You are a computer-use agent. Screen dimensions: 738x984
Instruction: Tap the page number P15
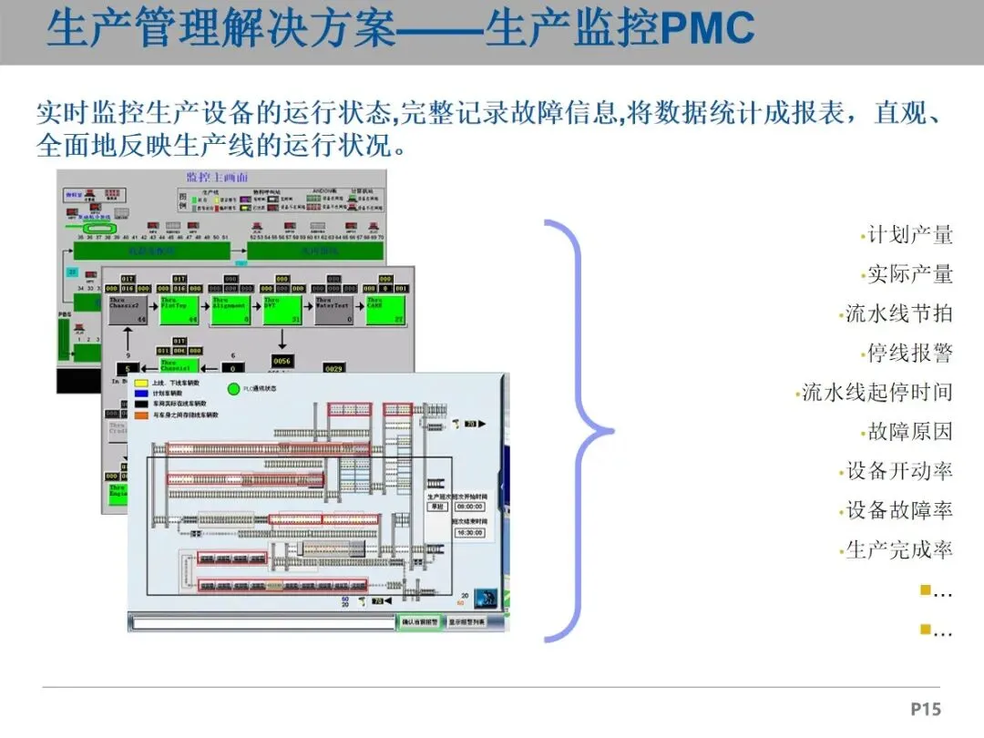pos(925,709)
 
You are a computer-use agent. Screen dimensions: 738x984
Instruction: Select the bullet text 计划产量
pos(909,235)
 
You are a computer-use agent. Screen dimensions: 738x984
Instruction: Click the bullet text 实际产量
pos(909,274)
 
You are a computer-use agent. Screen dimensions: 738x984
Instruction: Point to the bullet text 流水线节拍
pos(898,313)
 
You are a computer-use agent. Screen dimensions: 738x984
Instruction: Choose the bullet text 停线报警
pos(909,353)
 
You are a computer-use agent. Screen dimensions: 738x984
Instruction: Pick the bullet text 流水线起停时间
pos(876,393)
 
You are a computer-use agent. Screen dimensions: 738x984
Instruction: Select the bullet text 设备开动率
pos(898,471)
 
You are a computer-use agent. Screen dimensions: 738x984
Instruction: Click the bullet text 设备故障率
pos(898,510)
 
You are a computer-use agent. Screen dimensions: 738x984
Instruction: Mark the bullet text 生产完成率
pos(898,549)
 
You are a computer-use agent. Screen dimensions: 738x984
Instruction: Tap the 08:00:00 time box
pos(470,507)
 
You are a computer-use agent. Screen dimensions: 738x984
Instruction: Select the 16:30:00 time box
pos(470,532)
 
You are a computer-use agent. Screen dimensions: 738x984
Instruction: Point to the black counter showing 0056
pos(282,361)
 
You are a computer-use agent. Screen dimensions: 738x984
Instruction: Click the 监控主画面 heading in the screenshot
pos(217,177)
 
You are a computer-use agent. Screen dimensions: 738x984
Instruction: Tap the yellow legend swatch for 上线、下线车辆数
pos(141,384)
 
